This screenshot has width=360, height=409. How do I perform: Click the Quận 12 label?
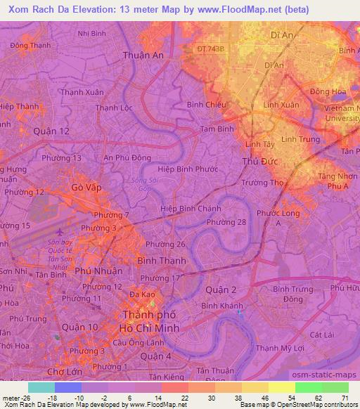[51, 131]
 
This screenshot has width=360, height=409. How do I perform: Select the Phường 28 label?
[226, 223]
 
